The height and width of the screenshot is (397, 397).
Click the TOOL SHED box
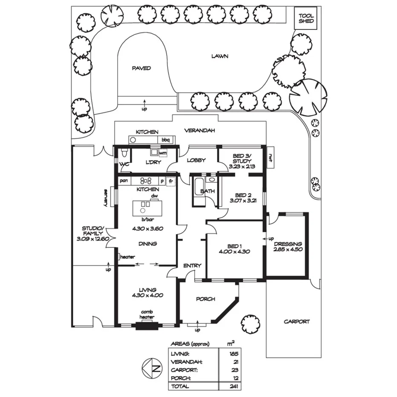pyautogui.click(x=306, y=18)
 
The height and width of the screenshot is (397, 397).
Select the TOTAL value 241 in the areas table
pyautogui.click(x=232, y=387)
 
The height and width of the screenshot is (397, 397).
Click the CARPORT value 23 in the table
pyautogui.click(x=232, y=370)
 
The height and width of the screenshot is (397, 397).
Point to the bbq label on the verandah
pyautogui.click(x=165, y=140)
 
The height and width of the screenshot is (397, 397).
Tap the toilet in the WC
pyautogui.click(x=123, y=152)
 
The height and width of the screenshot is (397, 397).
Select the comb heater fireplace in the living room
pyautogui.click(x=147, y=327)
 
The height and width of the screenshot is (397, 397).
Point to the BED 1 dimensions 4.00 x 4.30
pyautogui.click(x=235, y=251)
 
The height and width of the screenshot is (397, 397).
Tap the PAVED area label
pyautogui.click(x=141, y=68)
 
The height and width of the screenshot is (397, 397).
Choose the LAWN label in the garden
pyautogui.click(x=220, y=56)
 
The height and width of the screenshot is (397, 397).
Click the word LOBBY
pyautogui.click(x=196, y=161)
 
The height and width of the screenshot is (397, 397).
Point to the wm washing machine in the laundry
pyautogui.click(x=163, y=152)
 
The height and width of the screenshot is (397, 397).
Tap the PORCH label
pyautogui.click(x=205, y=299)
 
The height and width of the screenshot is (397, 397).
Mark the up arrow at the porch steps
pyautogui.click(x=197, y=328)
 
